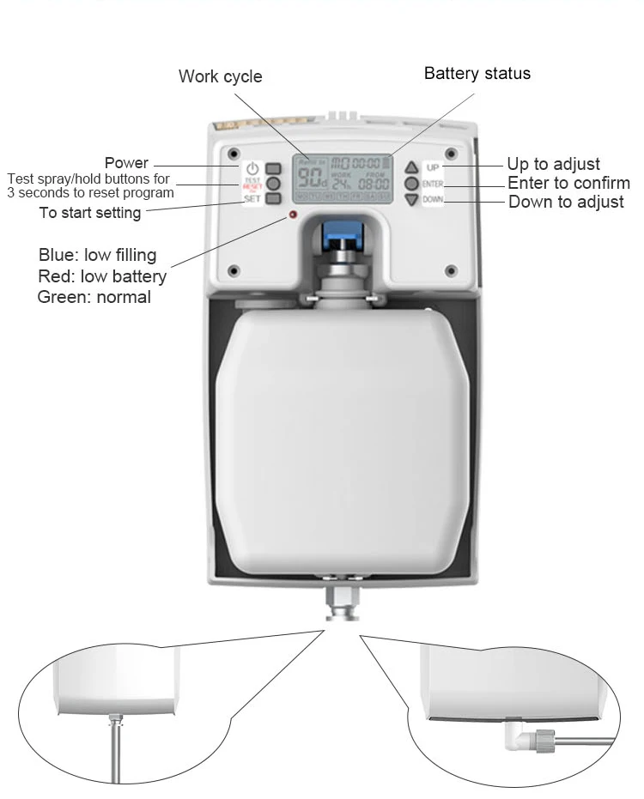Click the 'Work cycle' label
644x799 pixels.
(220, 76)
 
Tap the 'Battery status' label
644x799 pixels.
(477, 74)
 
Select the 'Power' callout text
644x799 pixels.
(126, 163)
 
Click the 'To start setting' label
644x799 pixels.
(90, 213)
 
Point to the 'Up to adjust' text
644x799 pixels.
(553, 164)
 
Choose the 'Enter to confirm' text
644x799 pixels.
(568, 183)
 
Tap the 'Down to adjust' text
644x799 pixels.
(566, 203)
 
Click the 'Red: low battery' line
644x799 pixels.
(102, 276)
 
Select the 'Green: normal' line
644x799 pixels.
(94, 297)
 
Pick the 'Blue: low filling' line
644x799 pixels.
(97, 255)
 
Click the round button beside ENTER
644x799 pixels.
(411, 184)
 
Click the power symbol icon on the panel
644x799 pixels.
(252, 168)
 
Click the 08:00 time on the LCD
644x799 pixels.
(374, 183)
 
